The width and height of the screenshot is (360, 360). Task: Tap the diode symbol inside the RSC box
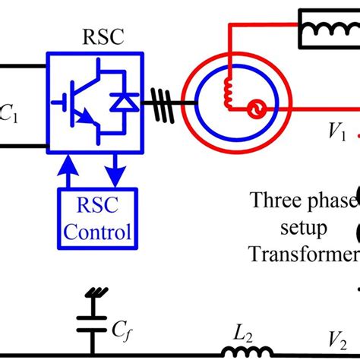coord(119,101)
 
